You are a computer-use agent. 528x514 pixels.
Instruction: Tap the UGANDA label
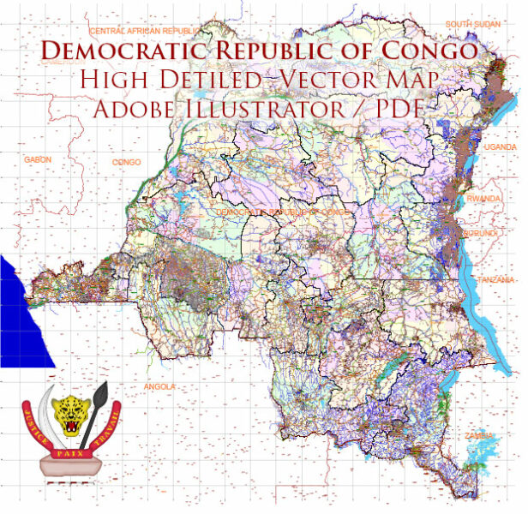click(501, 146)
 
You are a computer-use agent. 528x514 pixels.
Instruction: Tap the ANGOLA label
click(161, 386)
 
